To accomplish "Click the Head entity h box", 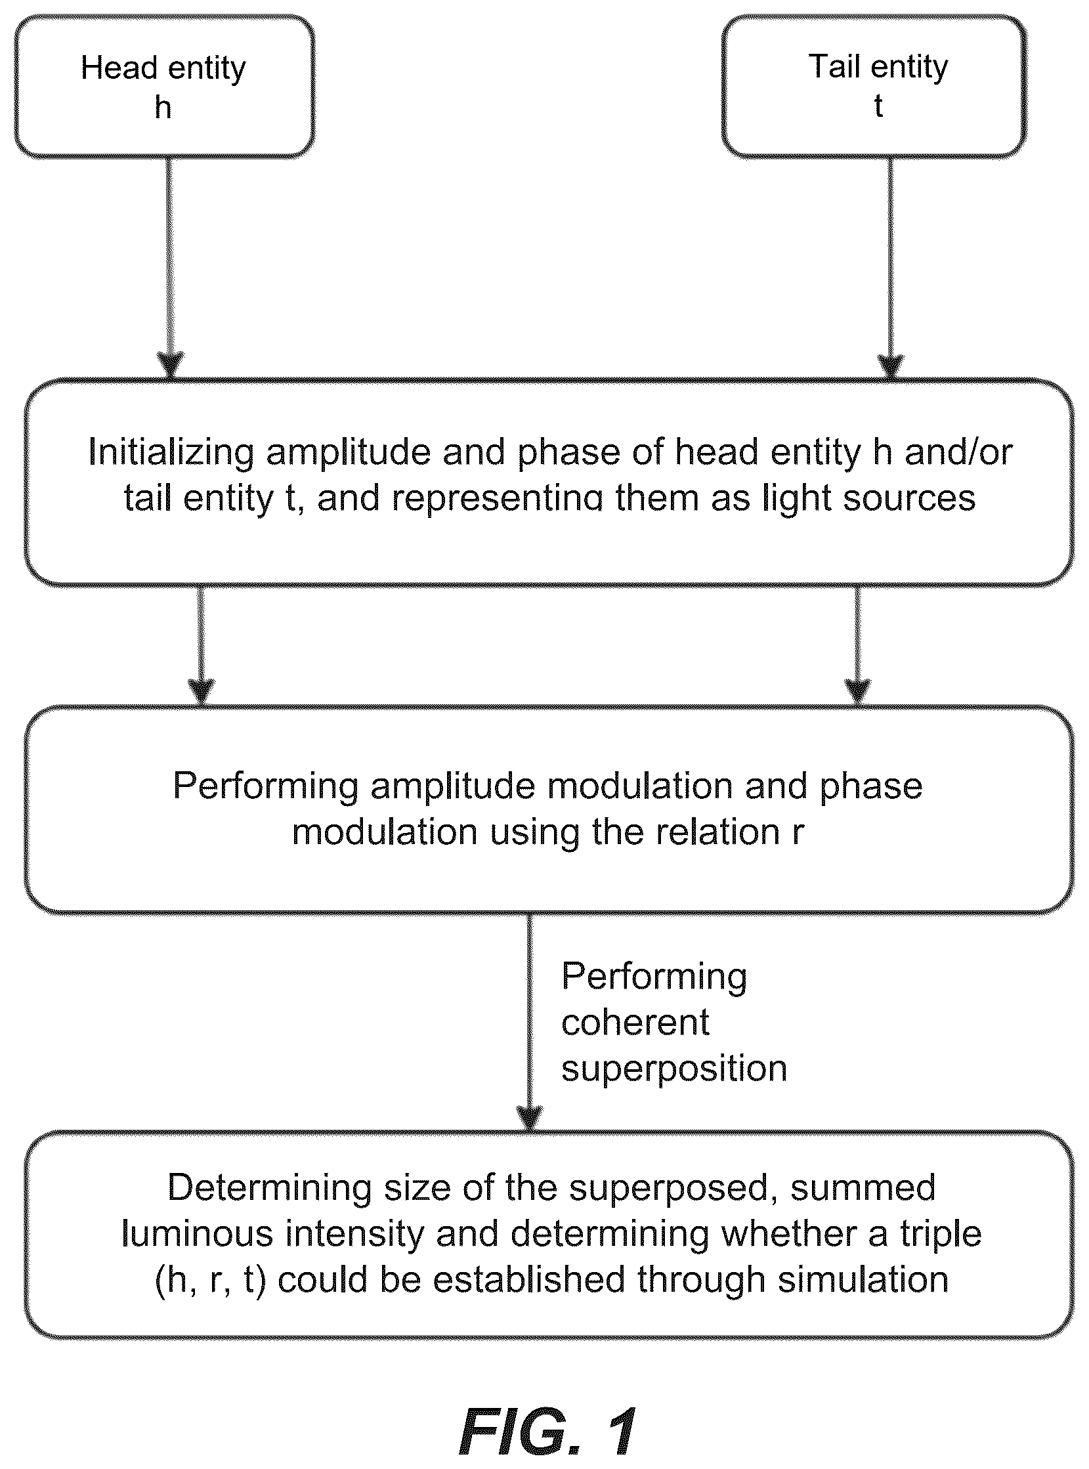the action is [164, 87].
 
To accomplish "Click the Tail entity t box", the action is [875, 87].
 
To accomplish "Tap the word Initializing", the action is [171, 454].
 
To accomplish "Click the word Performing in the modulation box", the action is [266, 787].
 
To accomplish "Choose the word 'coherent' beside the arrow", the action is [635, 1022].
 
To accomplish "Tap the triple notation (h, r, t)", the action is [210, 1281].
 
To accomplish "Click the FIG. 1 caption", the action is [548, 1432].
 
